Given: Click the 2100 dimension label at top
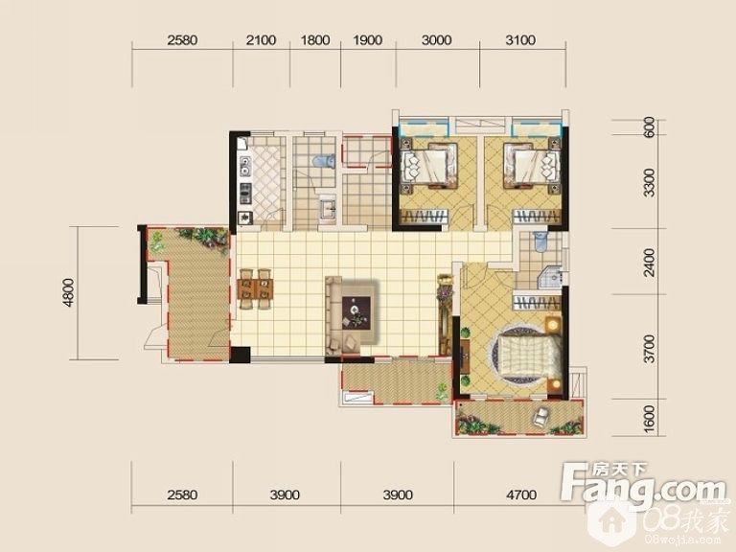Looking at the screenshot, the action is point(261,40).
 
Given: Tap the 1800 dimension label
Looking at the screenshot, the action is point(315,40).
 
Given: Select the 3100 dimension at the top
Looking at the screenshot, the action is point(520,40).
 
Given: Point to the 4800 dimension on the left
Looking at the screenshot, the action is point(69,293).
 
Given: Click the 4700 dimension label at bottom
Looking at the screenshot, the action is point(521,494).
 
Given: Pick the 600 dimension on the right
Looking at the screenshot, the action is point(650,126).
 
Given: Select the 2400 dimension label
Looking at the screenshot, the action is point(649,262).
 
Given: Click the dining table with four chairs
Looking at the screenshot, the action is point(255,288).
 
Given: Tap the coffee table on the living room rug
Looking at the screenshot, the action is point(356,312).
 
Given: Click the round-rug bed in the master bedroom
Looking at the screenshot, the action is point(526,354).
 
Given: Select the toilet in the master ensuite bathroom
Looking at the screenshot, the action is point(540,241).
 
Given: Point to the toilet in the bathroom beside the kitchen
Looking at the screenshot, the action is point(324,161).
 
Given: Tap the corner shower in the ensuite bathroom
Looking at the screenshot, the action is point(551,278).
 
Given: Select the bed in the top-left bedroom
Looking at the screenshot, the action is point(428,165).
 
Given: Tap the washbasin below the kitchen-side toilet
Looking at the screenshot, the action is point(328,208).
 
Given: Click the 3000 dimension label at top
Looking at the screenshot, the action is point(437,40).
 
